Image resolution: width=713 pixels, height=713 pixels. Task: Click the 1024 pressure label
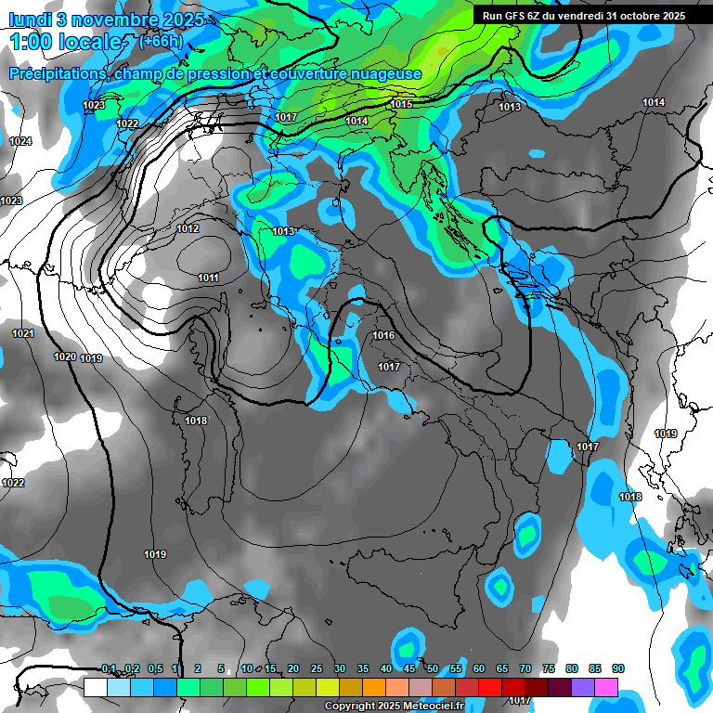(19, 141)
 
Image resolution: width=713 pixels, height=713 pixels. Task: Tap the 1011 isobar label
(208, 278)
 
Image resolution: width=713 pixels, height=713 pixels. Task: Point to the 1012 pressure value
(188, 228)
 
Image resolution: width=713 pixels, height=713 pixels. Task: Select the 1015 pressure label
(401, 104)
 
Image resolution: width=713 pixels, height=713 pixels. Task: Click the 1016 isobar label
(383, 335)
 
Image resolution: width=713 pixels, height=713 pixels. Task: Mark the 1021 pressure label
(23, 333)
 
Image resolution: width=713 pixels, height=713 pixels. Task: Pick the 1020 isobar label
(64, 357)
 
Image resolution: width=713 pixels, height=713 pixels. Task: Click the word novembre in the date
(107, 18)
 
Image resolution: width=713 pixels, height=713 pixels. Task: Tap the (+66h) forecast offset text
(159, 42)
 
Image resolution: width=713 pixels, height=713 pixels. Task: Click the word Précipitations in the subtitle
(55, 74)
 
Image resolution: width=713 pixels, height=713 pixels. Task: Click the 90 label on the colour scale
(618, 668)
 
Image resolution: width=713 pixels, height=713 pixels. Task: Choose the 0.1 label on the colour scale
(109, 668)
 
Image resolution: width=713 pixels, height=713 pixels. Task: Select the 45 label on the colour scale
(409, 668)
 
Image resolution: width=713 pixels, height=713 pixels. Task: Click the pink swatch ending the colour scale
(606, 687)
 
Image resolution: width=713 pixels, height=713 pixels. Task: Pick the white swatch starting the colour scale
(95, 687)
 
